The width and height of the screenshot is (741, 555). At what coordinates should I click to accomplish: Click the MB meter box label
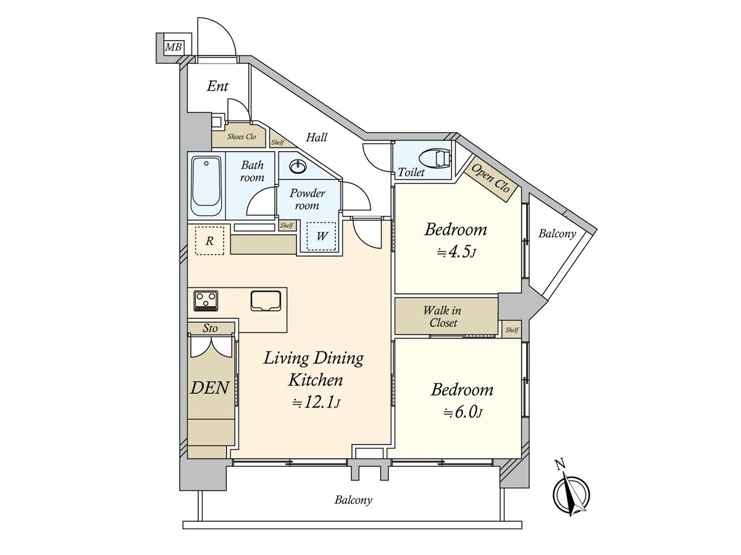[174, 47]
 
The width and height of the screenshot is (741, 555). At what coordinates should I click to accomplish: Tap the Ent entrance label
[217, 86]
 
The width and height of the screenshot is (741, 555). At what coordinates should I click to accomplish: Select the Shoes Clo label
[241, 136]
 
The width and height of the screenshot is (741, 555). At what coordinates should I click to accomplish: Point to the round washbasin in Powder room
[298, 166]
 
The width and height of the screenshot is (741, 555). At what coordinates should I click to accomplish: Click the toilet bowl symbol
[434, 158]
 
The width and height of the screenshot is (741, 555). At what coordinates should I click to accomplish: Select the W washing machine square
[321, 236]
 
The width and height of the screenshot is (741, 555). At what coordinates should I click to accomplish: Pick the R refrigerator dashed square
[209, 240]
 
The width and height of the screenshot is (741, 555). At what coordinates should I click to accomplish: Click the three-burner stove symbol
[206, 300]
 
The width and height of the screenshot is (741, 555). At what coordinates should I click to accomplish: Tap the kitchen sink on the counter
[266, 300]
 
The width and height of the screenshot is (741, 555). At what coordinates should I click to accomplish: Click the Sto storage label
[210, 328]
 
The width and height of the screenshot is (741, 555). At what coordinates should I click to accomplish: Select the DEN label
[210, 388]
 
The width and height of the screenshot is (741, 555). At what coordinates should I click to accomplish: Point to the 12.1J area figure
[316, 403]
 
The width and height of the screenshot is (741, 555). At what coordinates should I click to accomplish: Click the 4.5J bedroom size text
[456, 252]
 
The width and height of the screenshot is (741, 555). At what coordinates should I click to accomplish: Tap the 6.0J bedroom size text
[463, 412]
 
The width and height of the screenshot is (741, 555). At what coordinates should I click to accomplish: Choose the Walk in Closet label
[443, 316]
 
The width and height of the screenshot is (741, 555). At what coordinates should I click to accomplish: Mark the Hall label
[316, 138]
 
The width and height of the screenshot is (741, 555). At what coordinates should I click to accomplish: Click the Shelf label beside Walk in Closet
[512, 329]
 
